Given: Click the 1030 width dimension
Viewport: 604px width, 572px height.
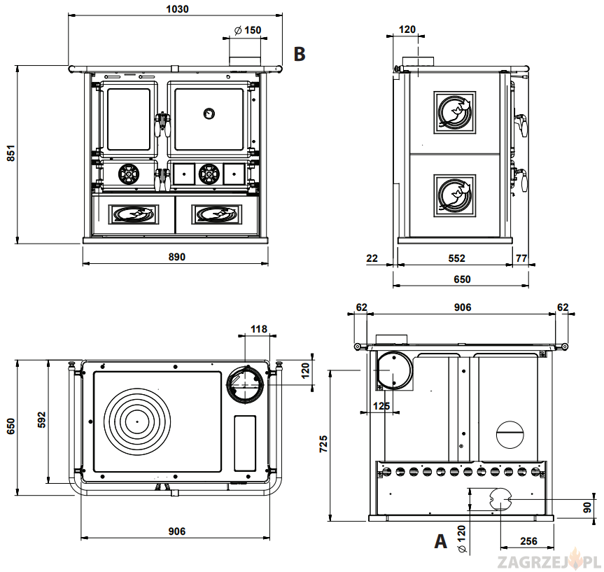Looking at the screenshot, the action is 177,9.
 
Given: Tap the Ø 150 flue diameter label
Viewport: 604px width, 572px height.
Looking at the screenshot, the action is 248,30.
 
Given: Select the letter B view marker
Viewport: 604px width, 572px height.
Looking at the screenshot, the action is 300,54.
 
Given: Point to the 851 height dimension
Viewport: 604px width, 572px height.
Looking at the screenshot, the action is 11,153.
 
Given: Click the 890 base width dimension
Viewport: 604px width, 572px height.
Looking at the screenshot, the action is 177,257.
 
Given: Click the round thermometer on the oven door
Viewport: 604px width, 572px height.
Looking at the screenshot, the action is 209,113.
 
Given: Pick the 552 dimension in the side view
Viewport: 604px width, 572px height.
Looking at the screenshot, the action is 456,258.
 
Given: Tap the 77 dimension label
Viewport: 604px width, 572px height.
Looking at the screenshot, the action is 521,258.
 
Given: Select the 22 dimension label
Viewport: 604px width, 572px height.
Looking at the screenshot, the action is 372,258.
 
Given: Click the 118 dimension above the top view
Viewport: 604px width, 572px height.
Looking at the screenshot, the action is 258,329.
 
